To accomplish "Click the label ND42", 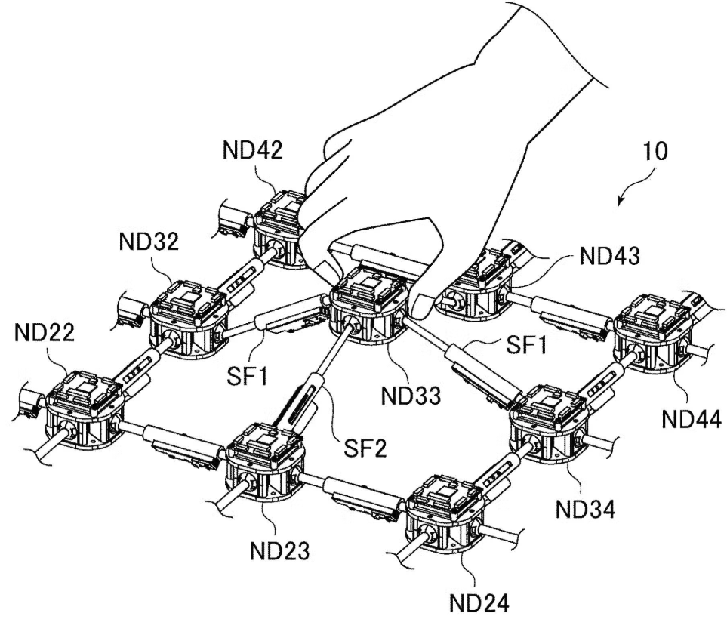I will point(253,150).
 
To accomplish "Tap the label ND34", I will point(584,506).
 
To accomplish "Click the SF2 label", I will point(365,451).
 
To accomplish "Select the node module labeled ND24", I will point(446,514).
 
